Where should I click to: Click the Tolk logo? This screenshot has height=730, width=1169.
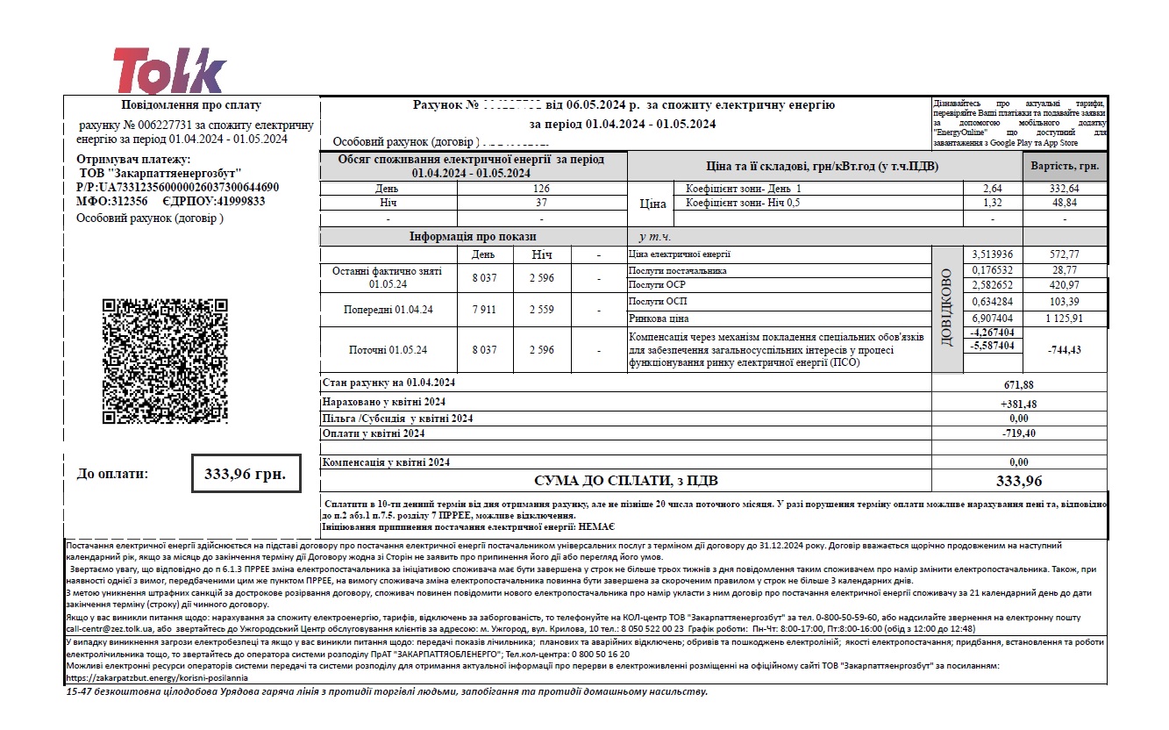[x=169, y=70]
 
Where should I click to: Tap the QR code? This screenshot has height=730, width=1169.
[x=165, y=364]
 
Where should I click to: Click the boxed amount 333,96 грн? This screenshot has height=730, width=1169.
[x=245, y=474]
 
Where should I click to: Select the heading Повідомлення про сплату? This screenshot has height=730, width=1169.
[x=190, y=105]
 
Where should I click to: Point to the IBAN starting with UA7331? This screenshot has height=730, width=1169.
[x=178, y=187]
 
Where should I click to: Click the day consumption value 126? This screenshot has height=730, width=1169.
[x=541, y=188]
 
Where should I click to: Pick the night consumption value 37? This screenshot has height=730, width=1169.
[x=541, y=203]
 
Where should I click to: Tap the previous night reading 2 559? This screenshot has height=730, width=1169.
[x=541, y=310]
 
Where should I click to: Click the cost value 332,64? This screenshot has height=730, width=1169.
[x=1065, y=189]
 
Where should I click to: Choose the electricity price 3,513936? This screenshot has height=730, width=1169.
[x=992, y=254]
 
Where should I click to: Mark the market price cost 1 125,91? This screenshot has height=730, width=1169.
[x=1065, y=318]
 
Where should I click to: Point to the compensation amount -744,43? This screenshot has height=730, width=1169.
[x=1065, y=349]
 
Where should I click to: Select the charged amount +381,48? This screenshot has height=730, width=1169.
[x=1018, y=404]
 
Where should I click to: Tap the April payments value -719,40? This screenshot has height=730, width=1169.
[x=1018, y=433]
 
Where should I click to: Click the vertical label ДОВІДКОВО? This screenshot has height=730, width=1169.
[x=945, y=307]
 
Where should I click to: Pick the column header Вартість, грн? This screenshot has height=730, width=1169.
[x=1065, y=166]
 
